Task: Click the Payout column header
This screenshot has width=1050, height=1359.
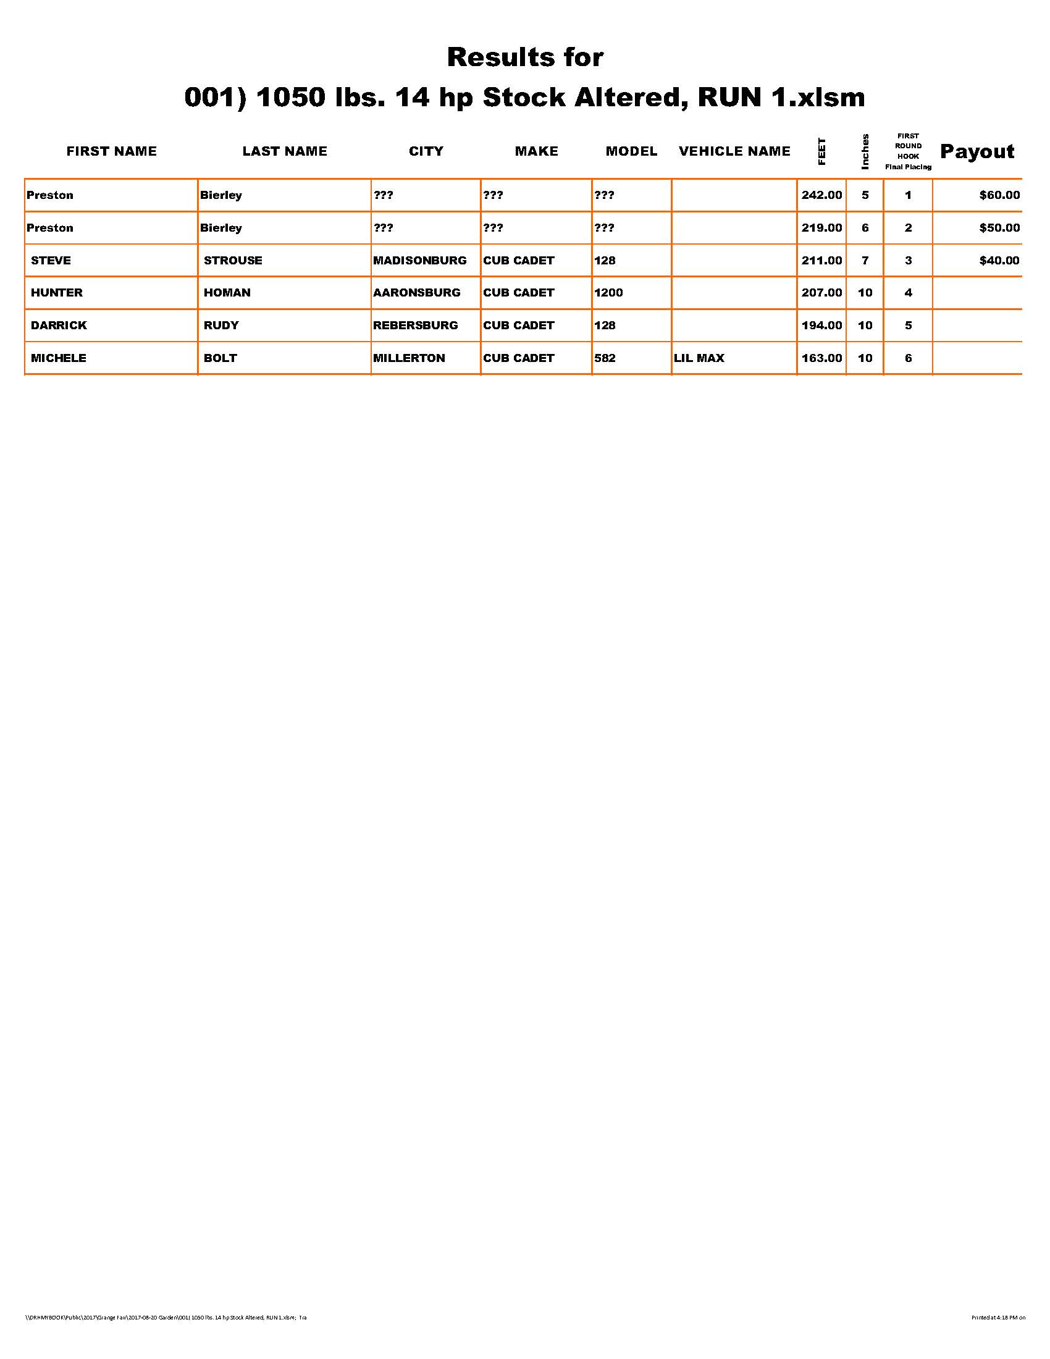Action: pos(976,151)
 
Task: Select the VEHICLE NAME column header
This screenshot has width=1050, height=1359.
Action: pos(734,151)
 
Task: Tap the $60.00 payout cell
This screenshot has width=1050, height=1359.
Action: pos(999,195)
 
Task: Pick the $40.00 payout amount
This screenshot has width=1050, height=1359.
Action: pos(999,261)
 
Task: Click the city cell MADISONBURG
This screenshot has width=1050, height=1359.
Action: pos(419,261)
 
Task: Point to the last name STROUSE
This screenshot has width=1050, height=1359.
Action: pos(233,261)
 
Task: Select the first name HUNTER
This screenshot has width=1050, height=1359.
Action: pos(57,292)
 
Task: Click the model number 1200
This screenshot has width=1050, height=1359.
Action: pos(608,292)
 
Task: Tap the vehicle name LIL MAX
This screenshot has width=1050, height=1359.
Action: pos(699,358)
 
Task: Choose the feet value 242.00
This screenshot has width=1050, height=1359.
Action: pos(821,195)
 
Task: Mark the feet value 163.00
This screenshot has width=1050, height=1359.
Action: pos(821,358)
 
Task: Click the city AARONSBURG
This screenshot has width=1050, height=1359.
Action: pos(416,292)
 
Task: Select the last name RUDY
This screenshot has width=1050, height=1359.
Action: pos(221,326)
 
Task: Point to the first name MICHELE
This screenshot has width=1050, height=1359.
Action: pos(59,358)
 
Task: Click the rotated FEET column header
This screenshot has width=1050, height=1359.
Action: pos(821,151)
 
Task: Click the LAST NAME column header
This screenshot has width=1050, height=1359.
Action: pos(284,151)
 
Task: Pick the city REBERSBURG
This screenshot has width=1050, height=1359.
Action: pos(415,326)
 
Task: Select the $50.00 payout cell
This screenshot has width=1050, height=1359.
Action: pos(999,228)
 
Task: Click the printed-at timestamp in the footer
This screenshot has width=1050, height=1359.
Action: pos(997,1318)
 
